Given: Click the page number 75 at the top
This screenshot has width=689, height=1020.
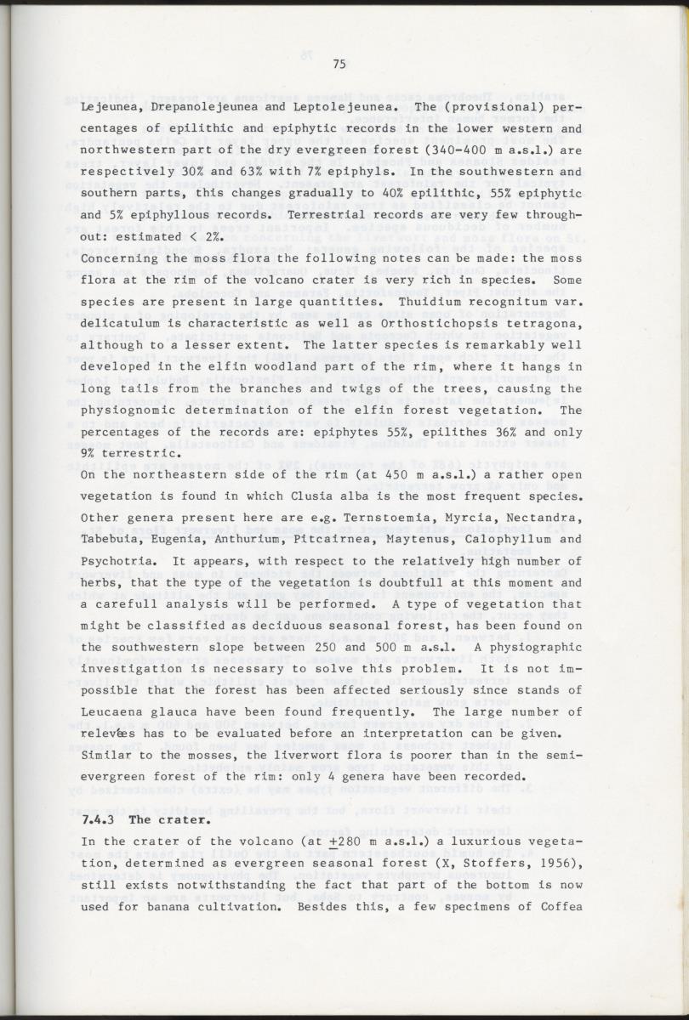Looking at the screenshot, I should (x=339, y=64).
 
